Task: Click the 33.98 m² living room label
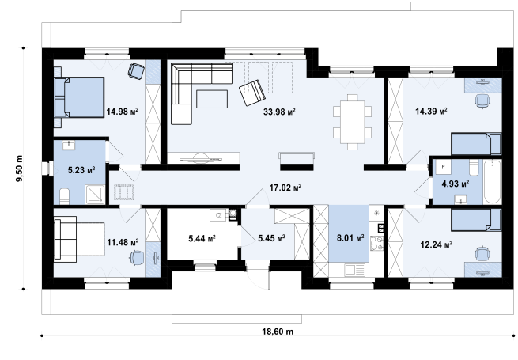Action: tap(279, 112)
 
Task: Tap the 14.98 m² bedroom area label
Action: tap(123, 112)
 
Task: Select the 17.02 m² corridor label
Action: tap(285, 188)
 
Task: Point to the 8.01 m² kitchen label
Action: tap(350, 237)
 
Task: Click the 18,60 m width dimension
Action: tap(278, 332)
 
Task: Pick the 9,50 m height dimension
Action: tap(20, 169)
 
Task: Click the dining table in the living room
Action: tap(352, 122)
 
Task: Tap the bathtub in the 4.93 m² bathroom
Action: tap(493, 181)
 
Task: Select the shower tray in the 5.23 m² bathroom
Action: tap(95, 195)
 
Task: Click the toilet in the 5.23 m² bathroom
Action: tap(64, 196)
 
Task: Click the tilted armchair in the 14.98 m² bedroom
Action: tap(136, 71)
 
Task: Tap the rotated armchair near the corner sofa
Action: tap(252, 93)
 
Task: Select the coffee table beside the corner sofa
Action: tap(212, 99)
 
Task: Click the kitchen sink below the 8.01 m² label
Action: tap(355, 270)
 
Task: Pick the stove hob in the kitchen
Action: tap(377, 243)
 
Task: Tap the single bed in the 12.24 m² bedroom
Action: tap(476, 220)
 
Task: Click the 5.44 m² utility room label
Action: tap(202, 238)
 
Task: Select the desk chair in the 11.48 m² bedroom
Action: tap(137, 258)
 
